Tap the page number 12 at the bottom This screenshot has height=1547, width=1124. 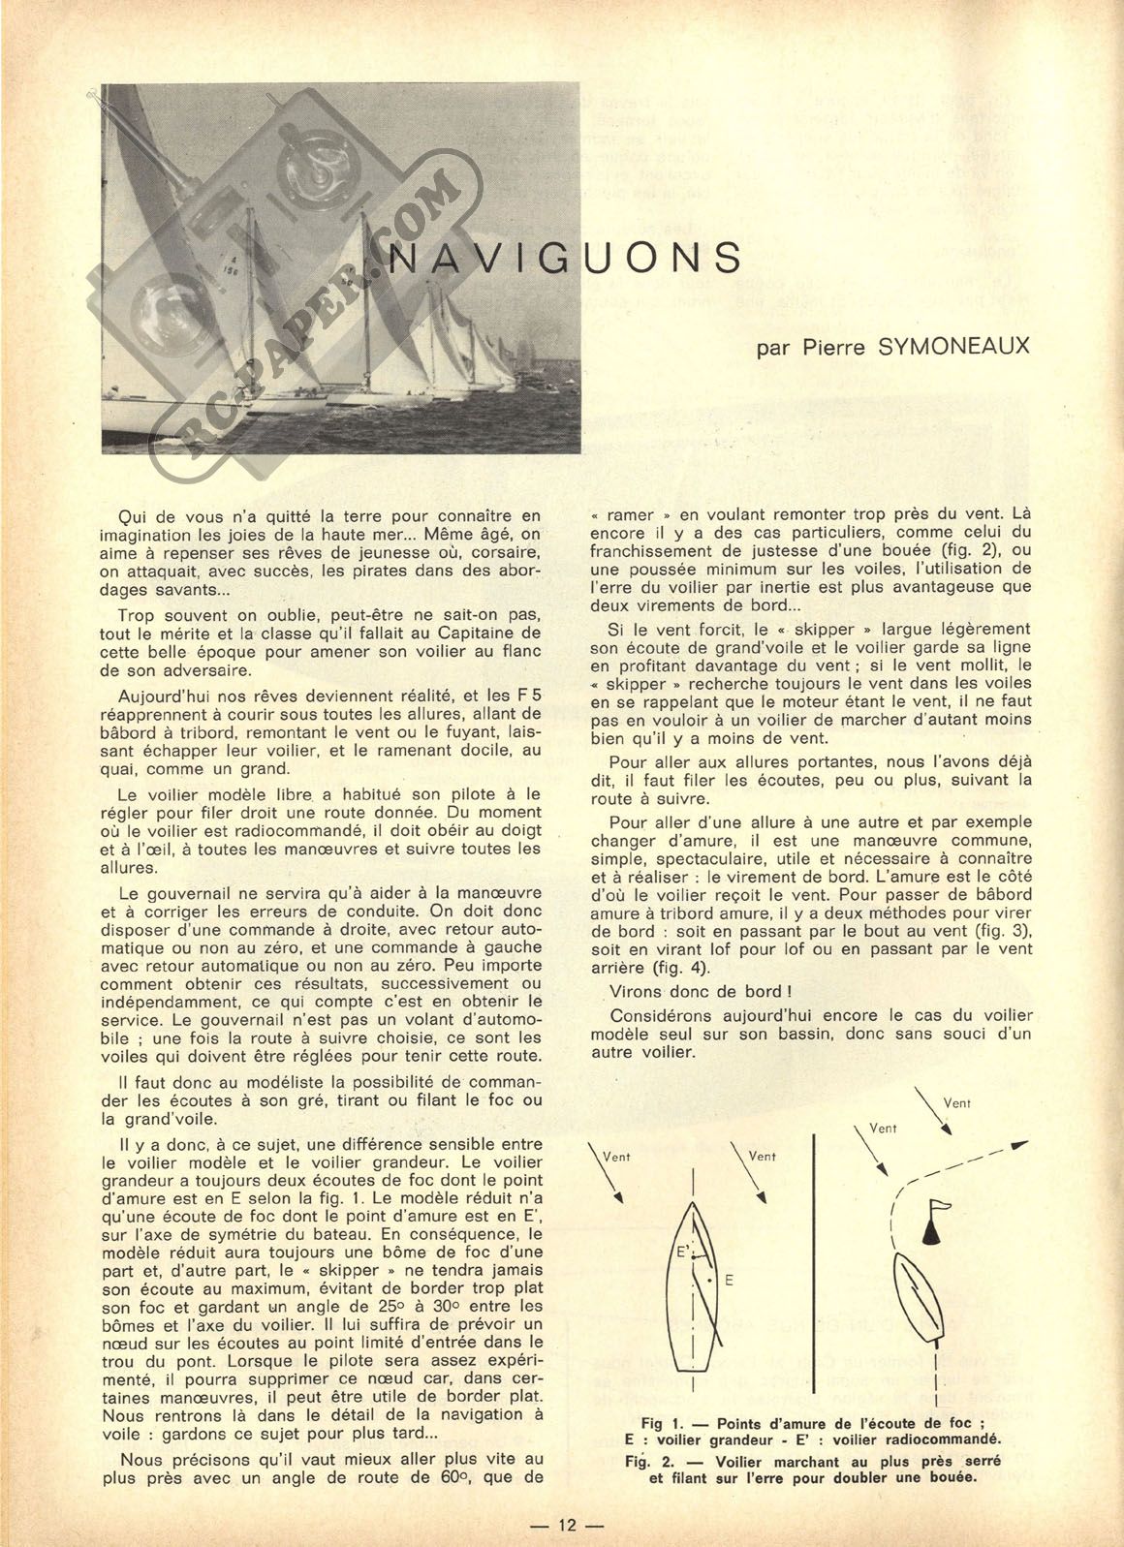[568, 1525]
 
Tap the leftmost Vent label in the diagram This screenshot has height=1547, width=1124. [616, 1156]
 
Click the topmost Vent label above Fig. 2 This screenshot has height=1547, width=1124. [956, 1102]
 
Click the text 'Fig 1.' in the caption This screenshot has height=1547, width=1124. [664, 1424]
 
